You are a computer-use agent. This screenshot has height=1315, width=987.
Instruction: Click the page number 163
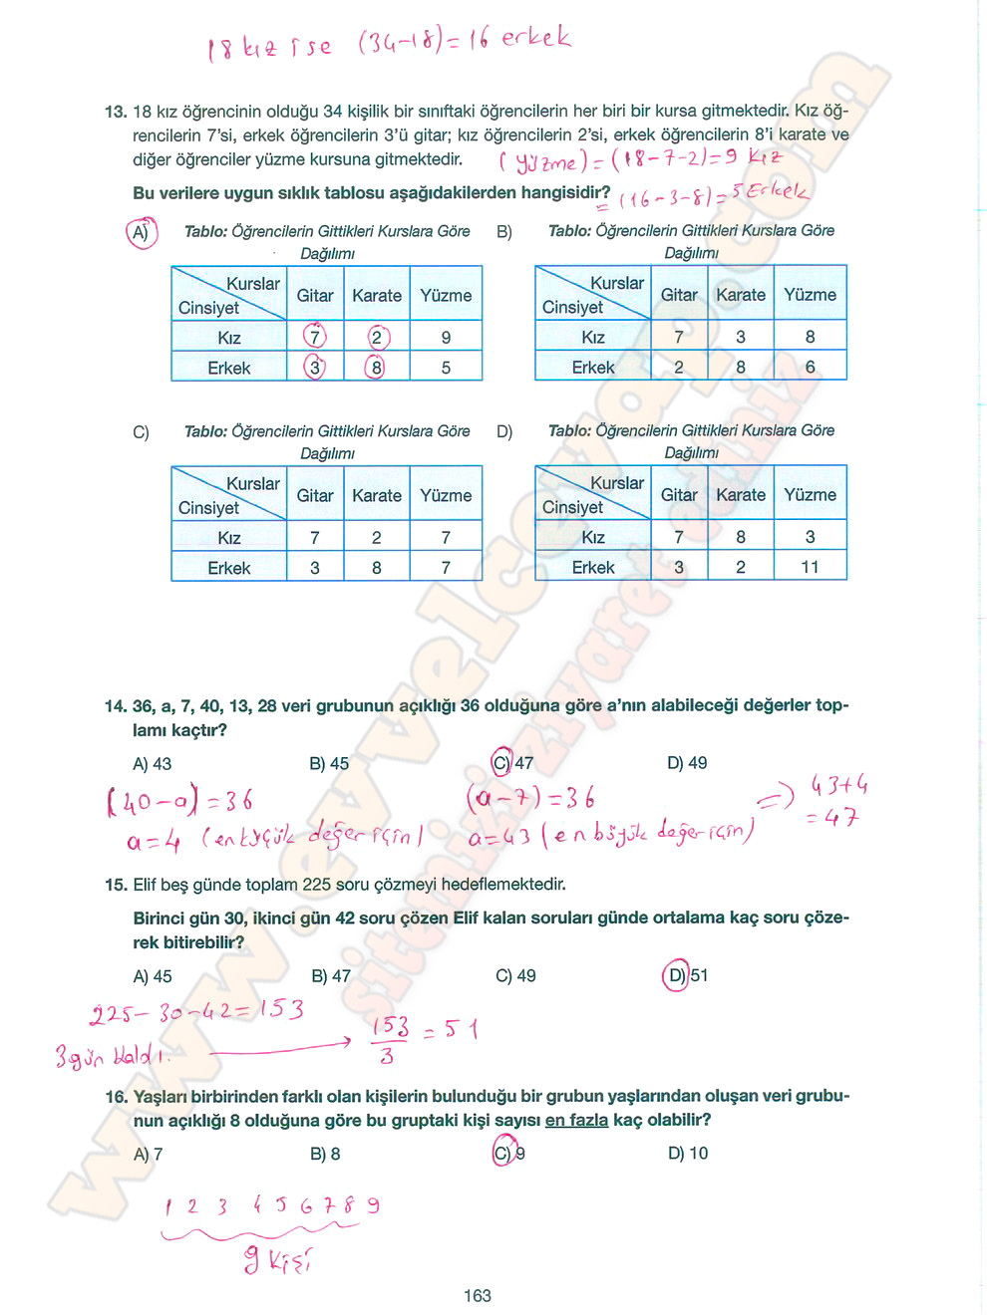pyautogui.click(x=477, y=1295)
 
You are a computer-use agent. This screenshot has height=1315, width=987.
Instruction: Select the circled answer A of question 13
pyautogui.click(x=142, y=232)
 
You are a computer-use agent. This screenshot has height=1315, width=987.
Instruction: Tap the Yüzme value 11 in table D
pyautogui.click(x=810, y=567)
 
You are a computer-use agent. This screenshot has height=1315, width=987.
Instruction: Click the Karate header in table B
pyautogui.click(x=741, y=295)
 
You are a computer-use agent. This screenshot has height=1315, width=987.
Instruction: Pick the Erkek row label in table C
pyautogui.click(x=228, y=568)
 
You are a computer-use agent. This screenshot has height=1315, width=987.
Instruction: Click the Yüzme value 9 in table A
pyautogui.click(x=446, y=338)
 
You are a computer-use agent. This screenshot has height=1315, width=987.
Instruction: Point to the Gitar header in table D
pyautogui.click(x=679, y=495)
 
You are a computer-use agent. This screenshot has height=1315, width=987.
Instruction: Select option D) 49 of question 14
pyautogui.click(x=687, y=763)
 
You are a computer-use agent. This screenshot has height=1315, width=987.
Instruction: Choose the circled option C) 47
pyautogui.click(x=512, y=763)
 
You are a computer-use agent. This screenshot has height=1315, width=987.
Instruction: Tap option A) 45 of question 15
pyautogui.click(x=153, y=976)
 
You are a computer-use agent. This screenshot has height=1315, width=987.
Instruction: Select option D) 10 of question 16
pyautogui.click(x=688, y=1153)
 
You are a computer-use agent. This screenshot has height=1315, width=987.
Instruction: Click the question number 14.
pyautogui.click(x=115, y=706)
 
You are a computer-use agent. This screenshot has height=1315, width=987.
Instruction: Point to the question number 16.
pyautogui.click(x=116, y=1097)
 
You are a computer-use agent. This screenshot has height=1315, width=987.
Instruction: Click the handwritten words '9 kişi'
pyautogui.click(x=278, y=1261)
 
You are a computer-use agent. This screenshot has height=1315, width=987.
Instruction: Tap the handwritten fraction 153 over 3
pyautogui.click(x=389, y=1040)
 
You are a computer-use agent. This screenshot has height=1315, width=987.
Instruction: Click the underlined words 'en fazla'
pyautogui.click(x=576, y=1120)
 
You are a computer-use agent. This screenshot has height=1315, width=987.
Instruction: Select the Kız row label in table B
pyautogui.click(x=593, y=337)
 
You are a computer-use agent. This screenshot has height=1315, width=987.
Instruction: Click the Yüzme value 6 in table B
pyautogui.click(x=810, y=367)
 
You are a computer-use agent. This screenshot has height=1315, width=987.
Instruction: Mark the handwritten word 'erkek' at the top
pyautogui.click(x=535, y=38)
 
